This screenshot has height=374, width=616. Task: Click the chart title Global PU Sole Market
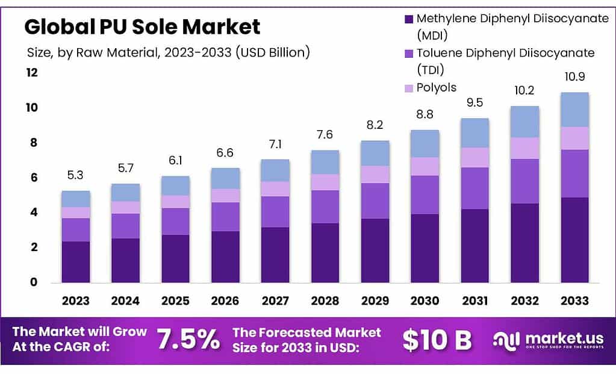(142, 26)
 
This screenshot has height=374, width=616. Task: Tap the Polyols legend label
(437, 88)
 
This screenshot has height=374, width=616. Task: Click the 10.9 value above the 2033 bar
(574, 78)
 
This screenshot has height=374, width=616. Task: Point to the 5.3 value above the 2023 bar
(75, 176)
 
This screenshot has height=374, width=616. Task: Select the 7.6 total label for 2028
(325, 135)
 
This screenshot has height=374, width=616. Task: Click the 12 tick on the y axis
(31, 73)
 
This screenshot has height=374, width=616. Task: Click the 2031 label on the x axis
(474, 301)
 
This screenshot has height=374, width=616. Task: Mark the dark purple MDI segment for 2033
(574, 240)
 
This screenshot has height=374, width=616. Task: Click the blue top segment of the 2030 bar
(425, 143)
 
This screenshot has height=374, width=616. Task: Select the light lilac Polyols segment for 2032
(524, 148)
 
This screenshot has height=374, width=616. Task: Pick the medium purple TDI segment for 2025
(175, 221)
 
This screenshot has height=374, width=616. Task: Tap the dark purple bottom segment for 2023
(75, 261)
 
